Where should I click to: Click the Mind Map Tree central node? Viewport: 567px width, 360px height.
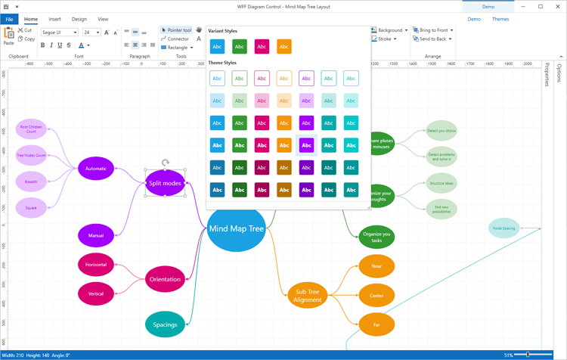pos(236,228)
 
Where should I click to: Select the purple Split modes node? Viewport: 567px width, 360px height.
pos(165,183)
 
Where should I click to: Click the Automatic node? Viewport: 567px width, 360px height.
pos(96,169)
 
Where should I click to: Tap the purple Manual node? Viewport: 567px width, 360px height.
pos(96,235)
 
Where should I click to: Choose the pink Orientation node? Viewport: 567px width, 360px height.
pos(165,279)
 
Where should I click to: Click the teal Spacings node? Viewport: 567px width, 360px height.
pos(165,324)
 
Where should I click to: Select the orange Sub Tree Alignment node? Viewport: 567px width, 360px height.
pos(307,295)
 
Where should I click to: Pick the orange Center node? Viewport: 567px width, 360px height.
pos(376,295)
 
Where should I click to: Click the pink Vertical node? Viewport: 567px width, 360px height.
pos(96,293)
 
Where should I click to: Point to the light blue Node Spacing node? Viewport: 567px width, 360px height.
pos(503,228)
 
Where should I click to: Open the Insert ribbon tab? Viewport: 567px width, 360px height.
pos(55,19)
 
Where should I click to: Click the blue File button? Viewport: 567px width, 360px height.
pos(10,19)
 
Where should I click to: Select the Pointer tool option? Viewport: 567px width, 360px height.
pos(176,30)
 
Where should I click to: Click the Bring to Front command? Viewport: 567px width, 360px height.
pos(432,30)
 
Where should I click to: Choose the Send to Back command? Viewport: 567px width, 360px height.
pos(432,39)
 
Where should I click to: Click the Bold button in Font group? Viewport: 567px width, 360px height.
pos(43,45)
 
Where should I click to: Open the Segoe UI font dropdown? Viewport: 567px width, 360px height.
pos(60,33)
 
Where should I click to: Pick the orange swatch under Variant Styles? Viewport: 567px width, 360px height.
pos(284,47)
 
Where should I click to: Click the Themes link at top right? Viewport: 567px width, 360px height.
pos(500,19)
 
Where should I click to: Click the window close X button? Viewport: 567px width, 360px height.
pos(556,6)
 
